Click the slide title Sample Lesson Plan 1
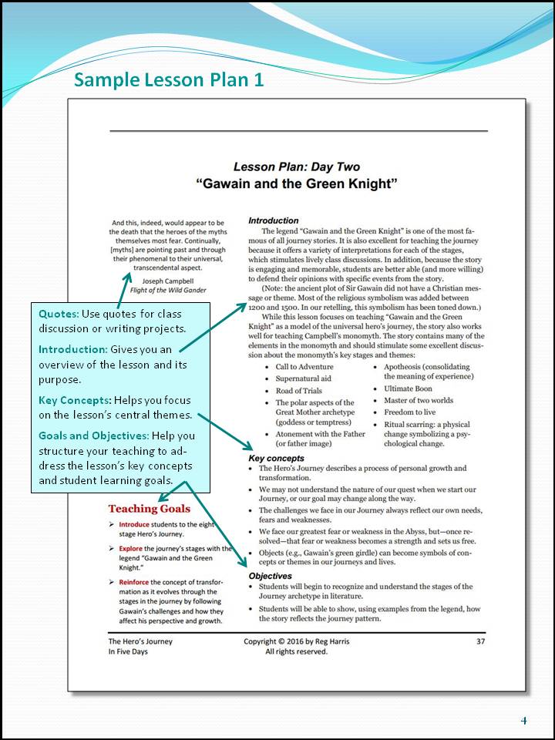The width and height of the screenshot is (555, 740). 168,80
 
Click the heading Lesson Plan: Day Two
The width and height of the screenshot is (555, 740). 296,166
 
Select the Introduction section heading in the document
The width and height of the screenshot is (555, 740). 273,220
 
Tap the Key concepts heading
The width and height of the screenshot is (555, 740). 276,459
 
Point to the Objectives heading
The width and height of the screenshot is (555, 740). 270,576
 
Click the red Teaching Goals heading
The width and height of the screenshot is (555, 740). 149,509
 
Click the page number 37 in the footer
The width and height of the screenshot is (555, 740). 481,641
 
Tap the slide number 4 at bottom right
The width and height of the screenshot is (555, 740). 523,721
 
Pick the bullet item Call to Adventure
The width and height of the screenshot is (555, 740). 304,367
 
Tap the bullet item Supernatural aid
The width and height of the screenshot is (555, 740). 304,378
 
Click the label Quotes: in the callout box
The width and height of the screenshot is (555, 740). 59,314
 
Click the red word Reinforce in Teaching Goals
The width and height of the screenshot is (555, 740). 134,582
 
